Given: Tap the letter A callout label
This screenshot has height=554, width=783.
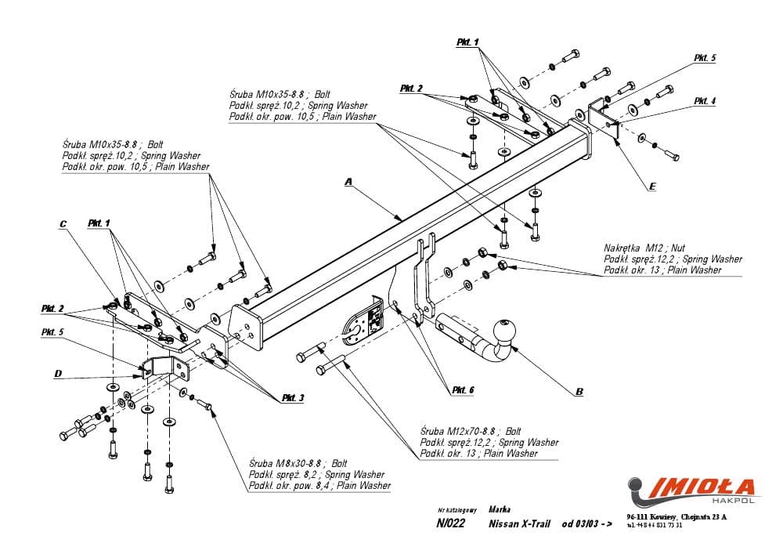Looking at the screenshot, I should pyautogui.click(x=349, y=183).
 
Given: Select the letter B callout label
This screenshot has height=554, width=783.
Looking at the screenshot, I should pyautogui.click(x=579, y=392).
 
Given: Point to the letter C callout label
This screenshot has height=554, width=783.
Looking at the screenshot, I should pyautogui.click(x=63, y=224).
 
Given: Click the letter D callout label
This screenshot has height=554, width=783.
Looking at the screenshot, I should pyautogui.click(x=58, y=374).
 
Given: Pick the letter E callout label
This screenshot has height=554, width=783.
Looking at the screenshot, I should pyautogui.click(x=651, y=187).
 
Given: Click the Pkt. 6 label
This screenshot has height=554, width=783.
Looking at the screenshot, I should pyautogui.click(x=462, y=389).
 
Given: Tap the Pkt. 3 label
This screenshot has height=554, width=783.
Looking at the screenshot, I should pyautogui.click(x=293, y=399).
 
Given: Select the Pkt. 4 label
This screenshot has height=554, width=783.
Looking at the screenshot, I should pyautogui.click(x=704, y=101).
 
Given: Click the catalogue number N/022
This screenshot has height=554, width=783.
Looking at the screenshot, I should pyautogui.click(x=451, y=524).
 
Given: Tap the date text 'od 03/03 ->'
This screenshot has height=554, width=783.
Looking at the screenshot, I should pyautogui.click(x=586, y=524).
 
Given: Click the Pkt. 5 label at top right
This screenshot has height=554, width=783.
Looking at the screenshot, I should pyautogui.click(x=705, y=58).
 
